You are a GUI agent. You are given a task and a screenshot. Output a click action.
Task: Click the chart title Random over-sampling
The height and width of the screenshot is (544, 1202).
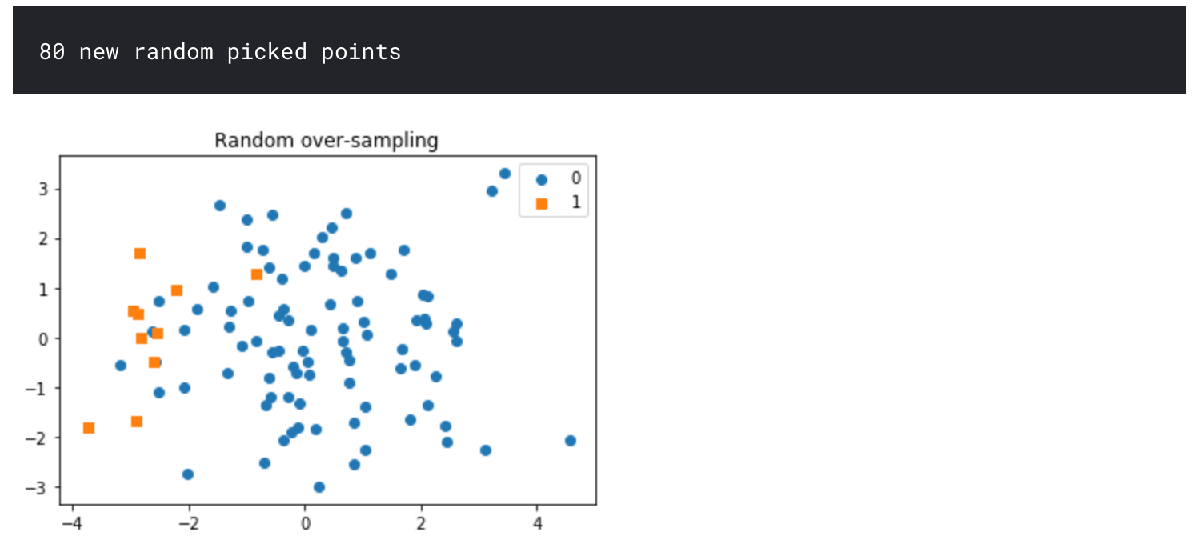click(326, 141)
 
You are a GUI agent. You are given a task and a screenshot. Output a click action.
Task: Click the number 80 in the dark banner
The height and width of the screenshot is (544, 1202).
click(52, 53)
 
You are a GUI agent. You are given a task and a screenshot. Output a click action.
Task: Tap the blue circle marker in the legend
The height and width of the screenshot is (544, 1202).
click(541, 179)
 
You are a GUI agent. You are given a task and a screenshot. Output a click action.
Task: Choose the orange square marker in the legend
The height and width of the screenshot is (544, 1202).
click(541, 203)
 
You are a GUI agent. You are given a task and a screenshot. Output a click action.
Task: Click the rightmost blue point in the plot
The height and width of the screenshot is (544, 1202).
click(571, 441)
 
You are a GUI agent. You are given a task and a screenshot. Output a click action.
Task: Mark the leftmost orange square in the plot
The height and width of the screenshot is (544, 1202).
click(89, 428)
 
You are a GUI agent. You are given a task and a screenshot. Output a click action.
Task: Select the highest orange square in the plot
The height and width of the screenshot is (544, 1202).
click(140, 254)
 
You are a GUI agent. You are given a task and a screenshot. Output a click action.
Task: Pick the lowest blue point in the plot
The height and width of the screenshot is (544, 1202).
click(319, 487)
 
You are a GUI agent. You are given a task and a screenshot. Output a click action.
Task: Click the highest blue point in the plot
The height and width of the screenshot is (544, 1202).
click(505, 174)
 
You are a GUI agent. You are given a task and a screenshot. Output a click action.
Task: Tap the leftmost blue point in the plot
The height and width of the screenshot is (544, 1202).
click(121, 366)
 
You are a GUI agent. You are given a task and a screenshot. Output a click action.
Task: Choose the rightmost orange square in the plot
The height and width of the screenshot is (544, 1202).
click(257, 274)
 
